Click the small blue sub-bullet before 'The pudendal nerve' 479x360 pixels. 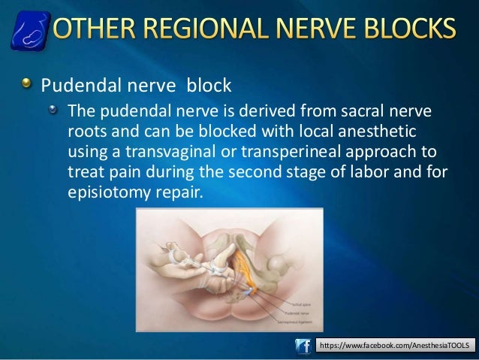tap(53, 111)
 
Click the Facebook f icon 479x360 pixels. tap(303, 345)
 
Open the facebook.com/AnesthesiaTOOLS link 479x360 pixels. tap(395, 345)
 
